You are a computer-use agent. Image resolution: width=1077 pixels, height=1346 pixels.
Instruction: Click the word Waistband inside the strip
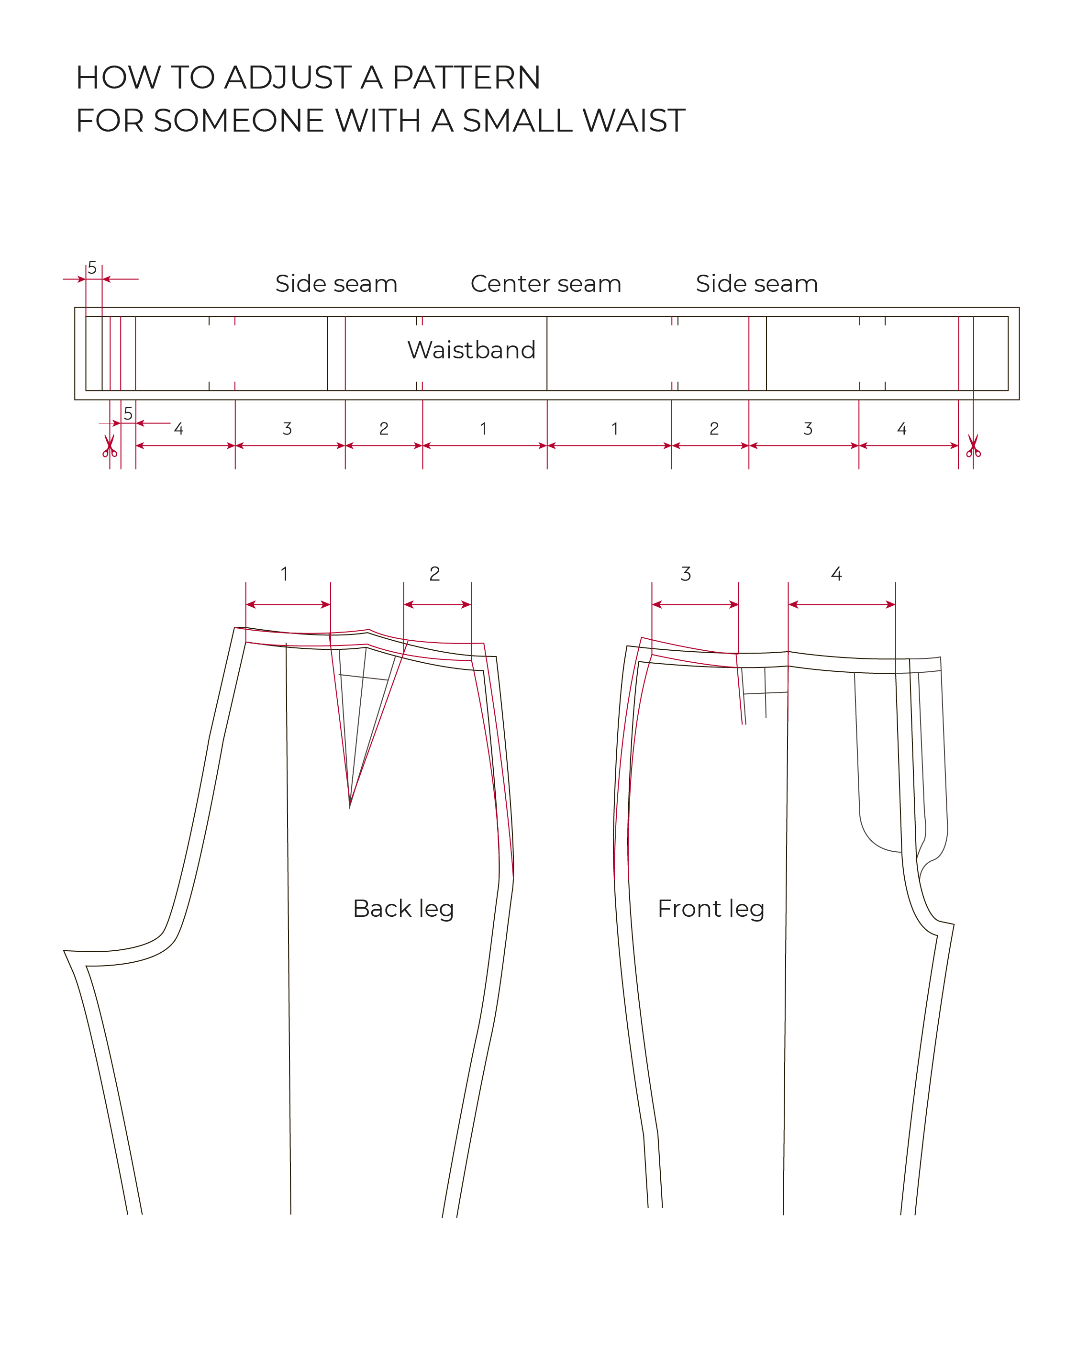(x=471, y=350)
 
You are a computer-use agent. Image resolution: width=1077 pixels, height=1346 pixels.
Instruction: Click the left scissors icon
(x=110, y=446)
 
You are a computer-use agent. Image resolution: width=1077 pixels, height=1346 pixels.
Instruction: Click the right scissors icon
(x=973, y=446)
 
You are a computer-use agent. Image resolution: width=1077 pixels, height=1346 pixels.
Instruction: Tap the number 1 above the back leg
(x=285, y=574)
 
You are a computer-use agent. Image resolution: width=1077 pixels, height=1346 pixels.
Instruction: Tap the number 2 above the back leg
(x=434, y=574)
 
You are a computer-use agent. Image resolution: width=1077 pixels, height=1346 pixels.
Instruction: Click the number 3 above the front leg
(x=686, y=574)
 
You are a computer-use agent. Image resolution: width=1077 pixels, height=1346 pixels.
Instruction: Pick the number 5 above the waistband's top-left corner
(x=92, y=268)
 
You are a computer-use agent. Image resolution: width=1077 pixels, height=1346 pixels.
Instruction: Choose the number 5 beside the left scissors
(x=128, y=413)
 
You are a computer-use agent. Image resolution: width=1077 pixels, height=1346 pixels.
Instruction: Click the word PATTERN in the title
(x=466, y=78)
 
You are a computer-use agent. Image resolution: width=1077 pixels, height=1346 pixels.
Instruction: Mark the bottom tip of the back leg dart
(x=350, y=808)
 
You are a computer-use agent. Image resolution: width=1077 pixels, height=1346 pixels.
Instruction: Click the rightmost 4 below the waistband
(x=901, y=428)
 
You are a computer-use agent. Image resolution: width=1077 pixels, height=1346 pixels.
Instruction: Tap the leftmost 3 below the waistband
(x=287, y=428)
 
